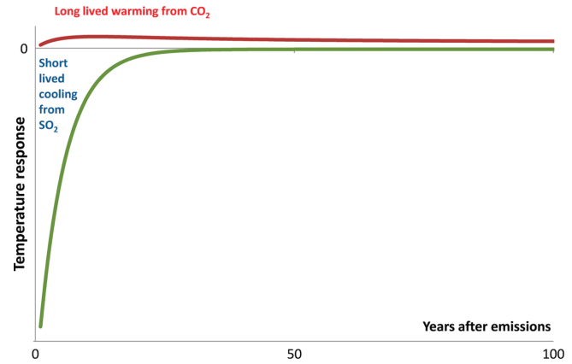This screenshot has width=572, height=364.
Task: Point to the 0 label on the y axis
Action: pyautogui.click(x=23, y=49)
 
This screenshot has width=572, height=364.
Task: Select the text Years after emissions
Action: pyautogui.click(x=486, y=326)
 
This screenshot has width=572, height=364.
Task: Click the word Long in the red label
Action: pyautogui.click(x=68, y=12)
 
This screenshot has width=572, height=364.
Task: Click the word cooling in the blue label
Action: pyautogui.click(x=56, y=97)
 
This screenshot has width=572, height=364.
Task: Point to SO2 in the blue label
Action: pyautogui.click(x=50, y=128)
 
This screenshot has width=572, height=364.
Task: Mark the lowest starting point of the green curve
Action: pyautogui.click(x=40, y=326)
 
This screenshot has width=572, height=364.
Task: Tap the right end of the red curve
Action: pyautogui.click(x=552, y=41)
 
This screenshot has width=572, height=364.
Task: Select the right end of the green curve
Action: pyautogui.click(x=552, y=50)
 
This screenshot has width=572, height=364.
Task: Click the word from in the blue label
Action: pyautogui.click(x=51, y=113)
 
